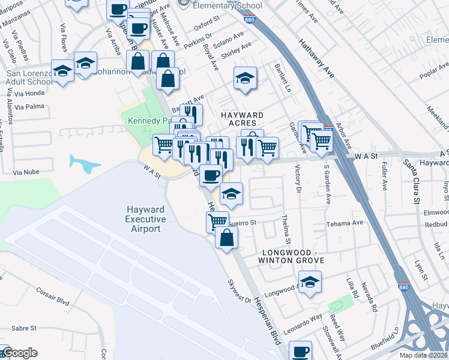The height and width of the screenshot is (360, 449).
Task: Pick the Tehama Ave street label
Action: (345, 223)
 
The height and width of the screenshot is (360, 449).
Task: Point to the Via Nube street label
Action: (26, 172)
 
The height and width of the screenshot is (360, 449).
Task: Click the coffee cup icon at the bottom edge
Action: (300, 351)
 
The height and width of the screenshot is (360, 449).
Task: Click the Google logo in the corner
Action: (20, 353)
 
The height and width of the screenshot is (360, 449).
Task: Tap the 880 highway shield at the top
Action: (248, 19)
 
